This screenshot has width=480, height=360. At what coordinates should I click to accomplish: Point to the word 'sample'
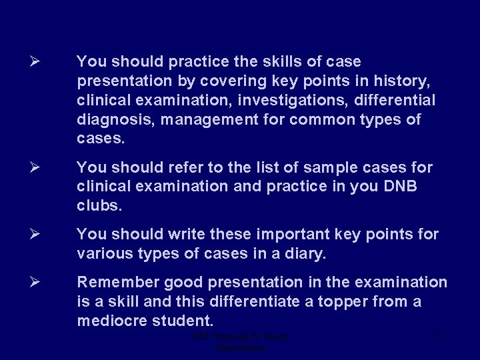(317, 167)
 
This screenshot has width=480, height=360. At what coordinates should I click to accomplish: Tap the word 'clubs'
(98, 206)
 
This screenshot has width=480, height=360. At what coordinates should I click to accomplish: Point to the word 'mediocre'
(112, 321)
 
